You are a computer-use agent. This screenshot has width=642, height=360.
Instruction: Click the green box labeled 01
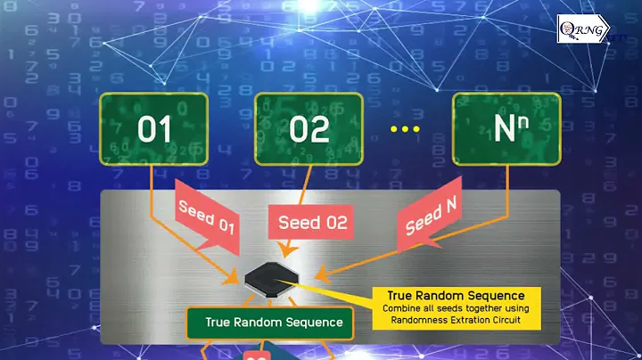[x=154, y=130]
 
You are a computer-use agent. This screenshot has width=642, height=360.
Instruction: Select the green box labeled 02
[x=309, y=130]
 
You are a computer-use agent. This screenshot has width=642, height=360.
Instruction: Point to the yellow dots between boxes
[x=405, y=130]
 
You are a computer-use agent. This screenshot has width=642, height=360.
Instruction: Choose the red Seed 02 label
[x=312, y=222]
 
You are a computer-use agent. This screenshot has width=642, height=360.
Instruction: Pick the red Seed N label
[x=432, y=219]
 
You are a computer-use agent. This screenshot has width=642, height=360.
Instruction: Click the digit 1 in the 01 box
[x=165, y=130]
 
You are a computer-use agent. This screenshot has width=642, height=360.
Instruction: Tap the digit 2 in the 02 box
[x=321, y=130]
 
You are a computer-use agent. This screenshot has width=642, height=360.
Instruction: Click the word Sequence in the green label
[x=309, y=323]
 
